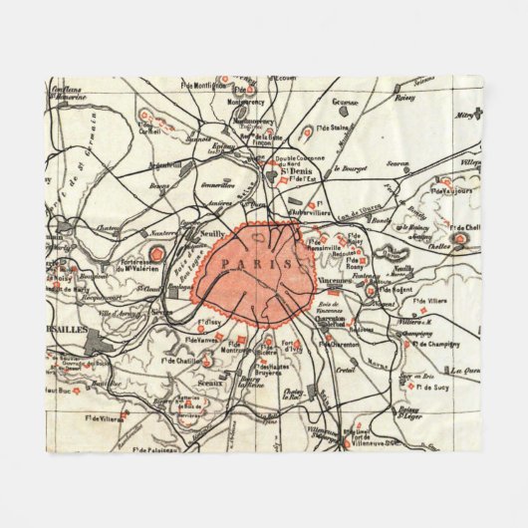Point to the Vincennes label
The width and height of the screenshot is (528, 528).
pos(335,282)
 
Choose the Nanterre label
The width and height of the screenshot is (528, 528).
pos(161,231)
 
